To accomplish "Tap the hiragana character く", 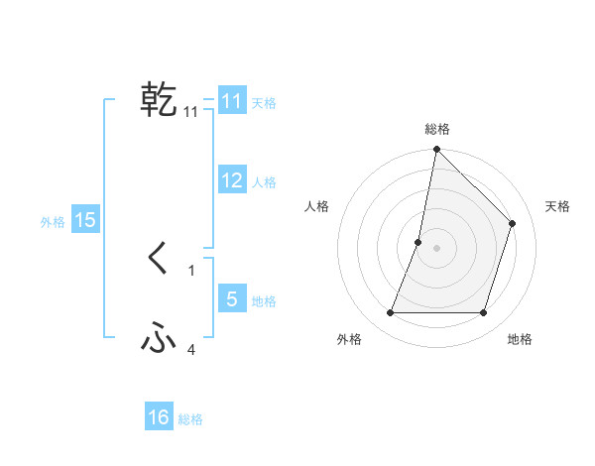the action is (159, 260).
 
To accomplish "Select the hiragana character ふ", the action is (159, 340).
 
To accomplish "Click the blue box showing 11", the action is (231, 101).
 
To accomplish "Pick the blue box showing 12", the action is (231, 180).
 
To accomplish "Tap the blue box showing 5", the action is (231, 298).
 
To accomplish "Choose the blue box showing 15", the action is (85, 220).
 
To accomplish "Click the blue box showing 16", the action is (159, 417).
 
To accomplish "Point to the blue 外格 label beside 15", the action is (53, 222).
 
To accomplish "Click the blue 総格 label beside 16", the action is (190, 419).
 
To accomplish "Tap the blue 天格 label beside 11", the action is (264, 103).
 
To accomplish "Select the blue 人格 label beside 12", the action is (264, 182).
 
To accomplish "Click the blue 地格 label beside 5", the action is (264, 301).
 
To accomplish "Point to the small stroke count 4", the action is (191, 349).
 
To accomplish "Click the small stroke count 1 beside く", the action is (191, 270).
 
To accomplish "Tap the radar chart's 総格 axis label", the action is (436, 130).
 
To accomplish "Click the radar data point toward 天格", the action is (513, 223).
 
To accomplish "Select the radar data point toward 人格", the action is (418, 242).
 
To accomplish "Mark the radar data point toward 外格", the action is (390, 313).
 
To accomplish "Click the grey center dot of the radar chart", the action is (436, 248).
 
